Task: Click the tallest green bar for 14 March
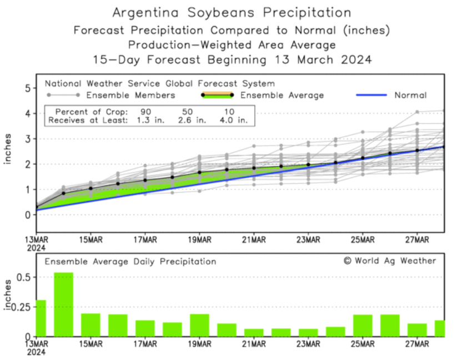point(63,304)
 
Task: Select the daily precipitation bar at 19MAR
point(199,325)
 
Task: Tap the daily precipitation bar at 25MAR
point(363,326)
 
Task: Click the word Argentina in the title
point(148,12)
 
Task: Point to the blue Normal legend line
point(370,96)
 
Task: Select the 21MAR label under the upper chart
point(254,240)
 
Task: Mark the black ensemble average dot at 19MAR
point(199,172)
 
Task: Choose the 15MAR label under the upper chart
point(91,240)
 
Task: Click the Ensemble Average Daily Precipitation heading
point(130,261)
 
